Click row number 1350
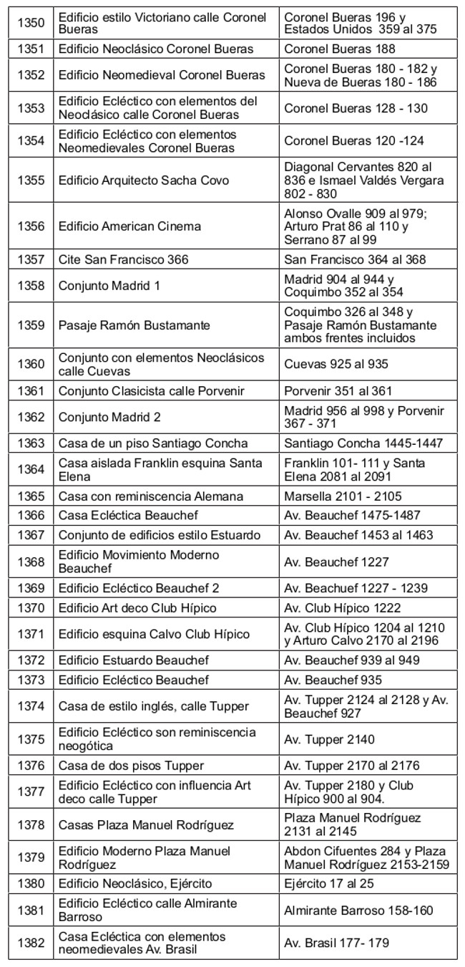click(31, 24)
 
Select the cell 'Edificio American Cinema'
click(129, 226)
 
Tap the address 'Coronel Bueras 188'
click(340, 49)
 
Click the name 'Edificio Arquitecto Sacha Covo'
click(144, 181)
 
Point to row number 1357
click(31, 259)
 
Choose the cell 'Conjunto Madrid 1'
click(109, 286)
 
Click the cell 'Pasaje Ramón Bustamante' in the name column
click(134, 325)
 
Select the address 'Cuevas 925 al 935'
click(336, 365)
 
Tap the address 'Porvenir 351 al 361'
click(338, 391)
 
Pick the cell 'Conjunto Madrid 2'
click(110, 417)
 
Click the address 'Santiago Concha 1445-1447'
click(363, 443)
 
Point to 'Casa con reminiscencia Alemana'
click(151, 496)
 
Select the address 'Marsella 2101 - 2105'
click(343, 496)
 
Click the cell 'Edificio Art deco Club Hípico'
click(137, 608)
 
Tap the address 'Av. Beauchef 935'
click(333, 680)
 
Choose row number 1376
click(31, 766)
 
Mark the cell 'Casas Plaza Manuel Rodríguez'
click(146, 825)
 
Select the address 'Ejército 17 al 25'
click(329, 884)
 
